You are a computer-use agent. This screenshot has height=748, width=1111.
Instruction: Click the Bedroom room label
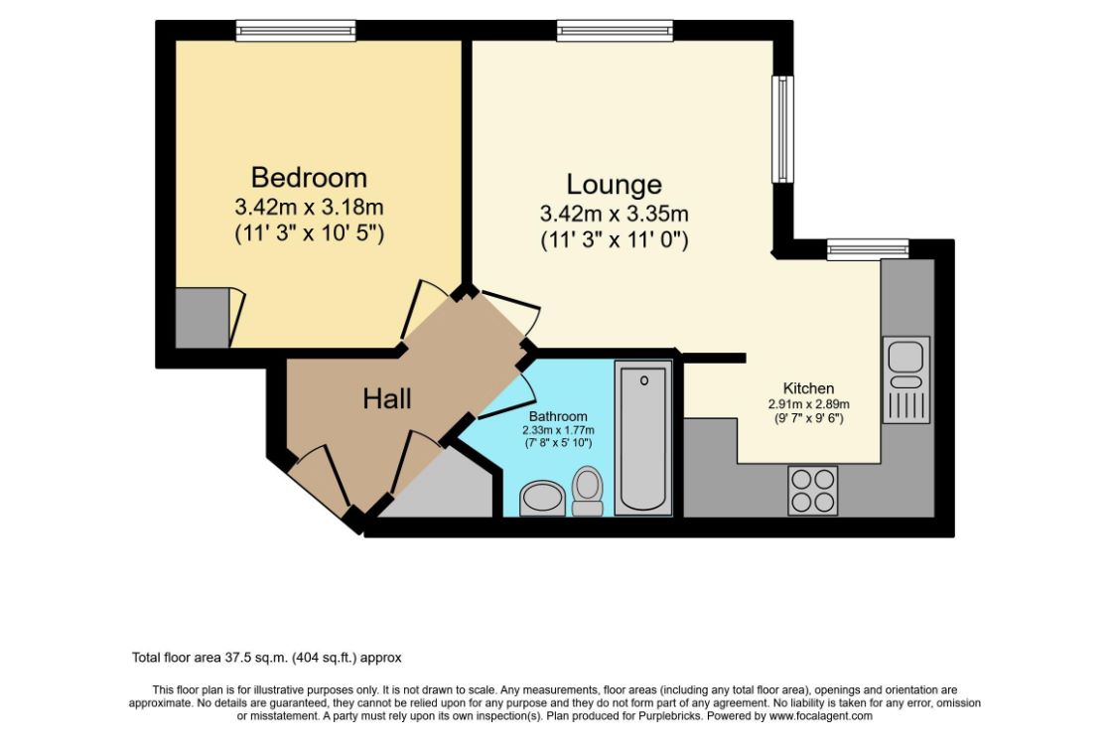pyautogui.click(x=309, y=178)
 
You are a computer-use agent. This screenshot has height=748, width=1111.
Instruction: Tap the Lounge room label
pyautogui.click(x=614, y=185)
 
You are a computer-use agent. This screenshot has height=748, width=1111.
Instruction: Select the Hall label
pyautogui.click(x=387, y=399)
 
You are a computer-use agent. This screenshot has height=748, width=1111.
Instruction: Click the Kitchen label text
pyautogui.click(x=808, y=388)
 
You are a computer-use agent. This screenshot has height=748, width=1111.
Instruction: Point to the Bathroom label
pyautogui.click(x=557, y=416)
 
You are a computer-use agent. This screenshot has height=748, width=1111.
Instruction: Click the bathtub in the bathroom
pyautogui.click(x=643, y=438)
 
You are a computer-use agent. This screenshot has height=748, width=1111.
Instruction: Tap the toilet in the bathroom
pyautogui.click(x=588, y=491)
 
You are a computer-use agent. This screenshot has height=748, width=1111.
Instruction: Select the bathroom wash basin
pyautogui.click(x=542, y=498)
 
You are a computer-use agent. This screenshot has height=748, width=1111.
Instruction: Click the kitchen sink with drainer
pyautogui.click(x=905, y=379)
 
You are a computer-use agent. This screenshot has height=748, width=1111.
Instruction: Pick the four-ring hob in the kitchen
pyautogui.click(x=812, y=491)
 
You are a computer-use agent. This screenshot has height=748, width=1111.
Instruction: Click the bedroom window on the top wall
pyautogui.click(x=296, y=31)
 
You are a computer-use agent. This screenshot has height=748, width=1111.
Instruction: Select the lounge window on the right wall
pyautogui.click(x=783, y=130)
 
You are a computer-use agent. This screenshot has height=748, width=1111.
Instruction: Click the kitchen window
pyautogui.click(x=867, y=249)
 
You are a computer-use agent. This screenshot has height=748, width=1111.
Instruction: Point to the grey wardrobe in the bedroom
pyautogui.click(x=203, y=318)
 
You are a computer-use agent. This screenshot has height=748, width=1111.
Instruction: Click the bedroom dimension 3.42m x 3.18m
pyautogui.click(x=309, y=208)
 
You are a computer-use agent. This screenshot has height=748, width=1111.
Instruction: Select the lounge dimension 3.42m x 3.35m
pyautogui.click(x=614, y=214)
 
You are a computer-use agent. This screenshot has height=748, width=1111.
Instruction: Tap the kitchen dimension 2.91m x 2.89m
pyautogui.click(x=808, y=404)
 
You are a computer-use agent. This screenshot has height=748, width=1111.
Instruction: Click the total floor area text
pyautogui.click(x=266, y=658)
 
